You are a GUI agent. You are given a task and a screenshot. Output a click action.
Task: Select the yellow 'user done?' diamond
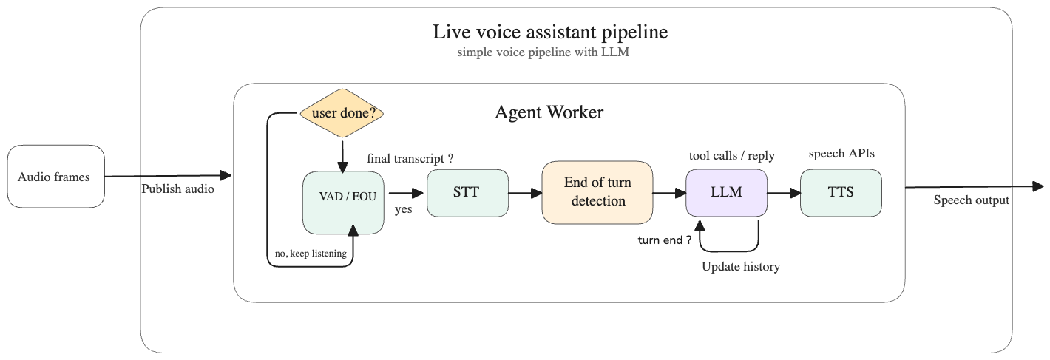click(342, 114)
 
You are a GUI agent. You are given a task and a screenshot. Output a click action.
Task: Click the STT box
click(467, 193)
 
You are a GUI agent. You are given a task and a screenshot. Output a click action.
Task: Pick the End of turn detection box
click(597, 193)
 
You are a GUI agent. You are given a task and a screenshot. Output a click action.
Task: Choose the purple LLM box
click(725, 193)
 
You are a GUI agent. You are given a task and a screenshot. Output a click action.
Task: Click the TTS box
click(841, 193)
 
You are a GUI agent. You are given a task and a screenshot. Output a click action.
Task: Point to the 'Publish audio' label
click(178, 189)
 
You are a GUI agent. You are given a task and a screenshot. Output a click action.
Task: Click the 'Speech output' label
click(971, 200)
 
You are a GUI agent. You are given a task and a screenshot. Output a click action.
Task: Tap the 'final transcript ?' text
click(410, 158)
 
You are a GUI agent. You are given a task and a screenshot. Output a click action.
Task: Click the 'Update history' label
click(740, 267)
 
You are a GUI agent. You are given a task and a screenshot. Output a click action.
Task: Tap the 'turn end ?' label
click(665, 240)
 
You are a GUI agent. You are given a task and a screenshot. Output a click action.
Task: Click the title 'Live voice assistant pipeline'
click(550, 33)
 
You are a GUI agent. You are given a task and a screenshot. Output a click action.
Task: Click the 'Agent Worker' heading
click(549, 113)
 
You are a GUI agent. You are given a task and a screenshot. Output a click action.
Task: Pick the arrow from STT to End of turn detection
click(525, 194)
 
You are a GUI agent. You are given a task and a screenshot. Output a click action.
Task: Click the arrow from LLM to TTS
click(783, 194)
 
